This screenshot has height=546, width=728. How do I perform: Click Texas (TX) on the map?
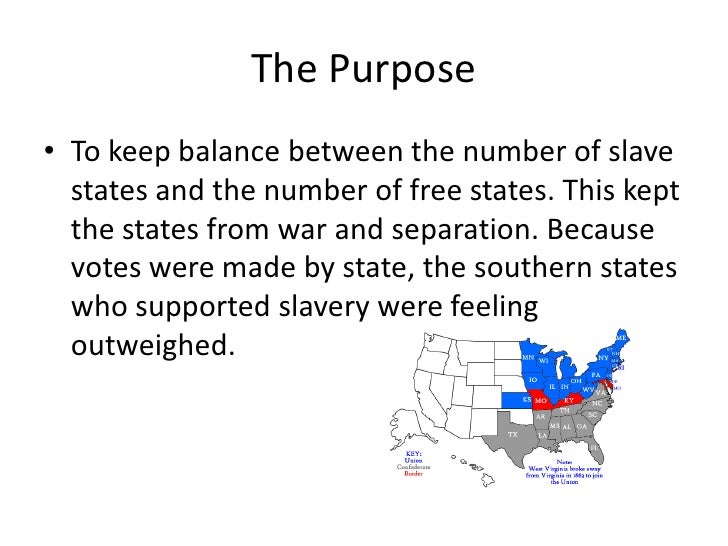[513, 434]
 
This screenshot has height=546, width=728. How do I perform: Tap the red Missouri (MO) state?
[541, 401]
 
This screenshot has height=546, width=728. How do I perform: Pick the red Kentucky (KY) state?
[569, 399]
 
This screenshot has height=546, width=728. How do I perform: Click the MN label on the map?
[527, 357]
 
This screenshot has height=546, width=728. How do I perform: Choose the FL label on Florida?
[593, 446]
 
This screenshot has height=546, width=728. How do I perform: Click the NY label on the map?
[603, 358]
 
